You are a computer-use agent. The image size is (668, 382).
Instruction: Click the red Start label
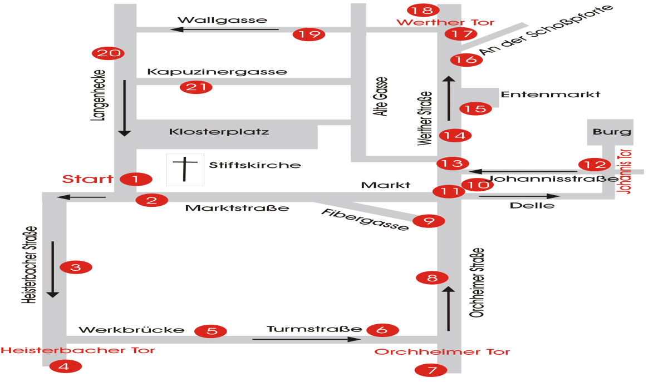pyautogui.click(x=87, y=179)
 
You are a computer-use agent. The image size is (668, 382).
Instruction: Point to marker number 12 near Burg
pyautogui.click(x=595, y=165)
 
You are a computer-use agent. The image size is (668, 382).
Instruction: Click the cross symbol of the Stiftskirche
pyautogui.click(x=185, y=169)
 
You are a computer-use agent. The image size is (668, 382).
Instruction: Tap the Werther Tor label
pyautogui.click(x=445, y=23)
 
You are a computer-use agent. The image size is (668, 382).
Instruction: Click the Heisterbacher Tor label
pyautogui.click(x=77, y=350)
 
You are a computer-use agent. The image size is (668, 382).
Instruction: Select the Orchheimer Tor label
pyautogui.click(x=442, y=352)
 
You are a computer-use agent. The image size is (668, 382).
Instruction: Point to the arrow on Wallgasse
pyautogui.click(x=228, y=29)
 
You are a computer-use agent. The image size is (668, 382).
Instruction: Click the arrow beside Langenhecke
pyautogui.click(x=124, y=108)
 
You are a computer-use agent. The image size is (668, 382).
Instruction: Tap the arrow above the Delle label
pyautogui.click(x=519, y=196)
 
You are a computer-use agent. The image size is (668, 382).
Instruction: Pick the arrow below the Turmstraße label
pyautogui.click(x=307, y=339)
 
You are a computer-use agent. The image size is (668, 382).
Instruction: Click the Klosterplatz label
pyautogui.click(x=219, y=132)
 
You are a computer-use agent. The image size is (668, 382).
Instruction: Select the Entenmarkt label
pyautogui.click(x=551, y=95)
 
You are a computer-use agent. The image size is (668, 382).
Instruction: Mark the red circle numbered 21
pyautogui.click(x=196, y=87)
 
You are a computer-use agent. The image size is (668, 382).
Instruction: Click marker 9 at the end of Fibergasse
pyautogui.click(x=429, y=221)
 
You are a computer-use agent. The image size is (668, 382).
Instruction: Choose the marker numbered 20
pyautogui.click(x=108, y=53)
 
